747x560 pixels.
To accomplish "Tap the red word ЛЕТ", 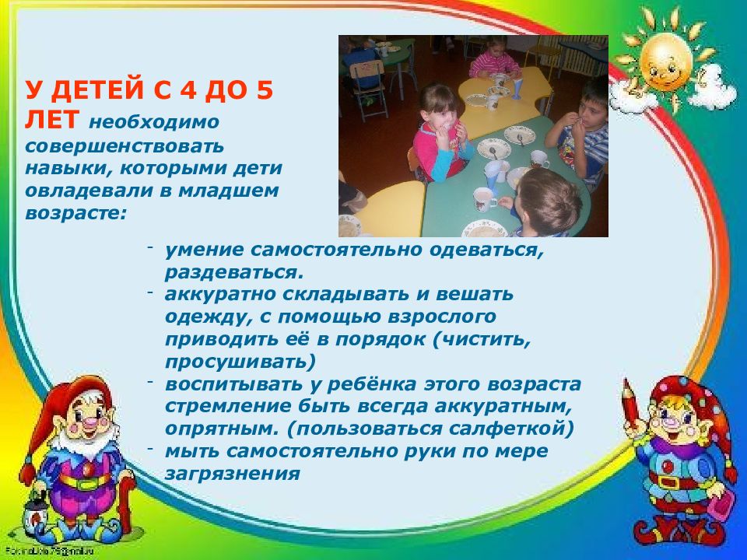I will (51, 121).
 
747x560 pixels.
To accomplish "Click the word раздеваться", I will (232, 273).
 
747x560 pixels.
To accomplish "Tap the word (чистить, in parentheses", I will (481, 340).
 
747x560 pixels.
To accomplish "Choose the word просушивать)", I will (240, 362).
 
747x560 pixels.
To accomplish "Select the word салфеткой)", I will (514, 429).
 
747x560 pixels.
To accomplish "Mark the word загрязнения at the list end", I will (232, 473).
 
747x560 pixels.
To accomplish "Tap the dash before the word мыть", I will (149, 449).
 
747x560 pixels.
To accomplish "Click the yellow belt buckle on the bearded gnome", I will (85, 481).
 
